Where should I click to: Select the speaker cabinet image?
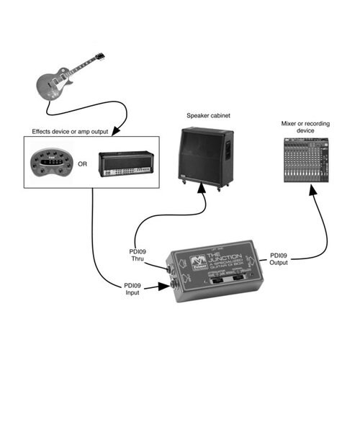(205, 155)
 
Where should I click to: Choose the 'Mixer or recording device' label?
(307, 127)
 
